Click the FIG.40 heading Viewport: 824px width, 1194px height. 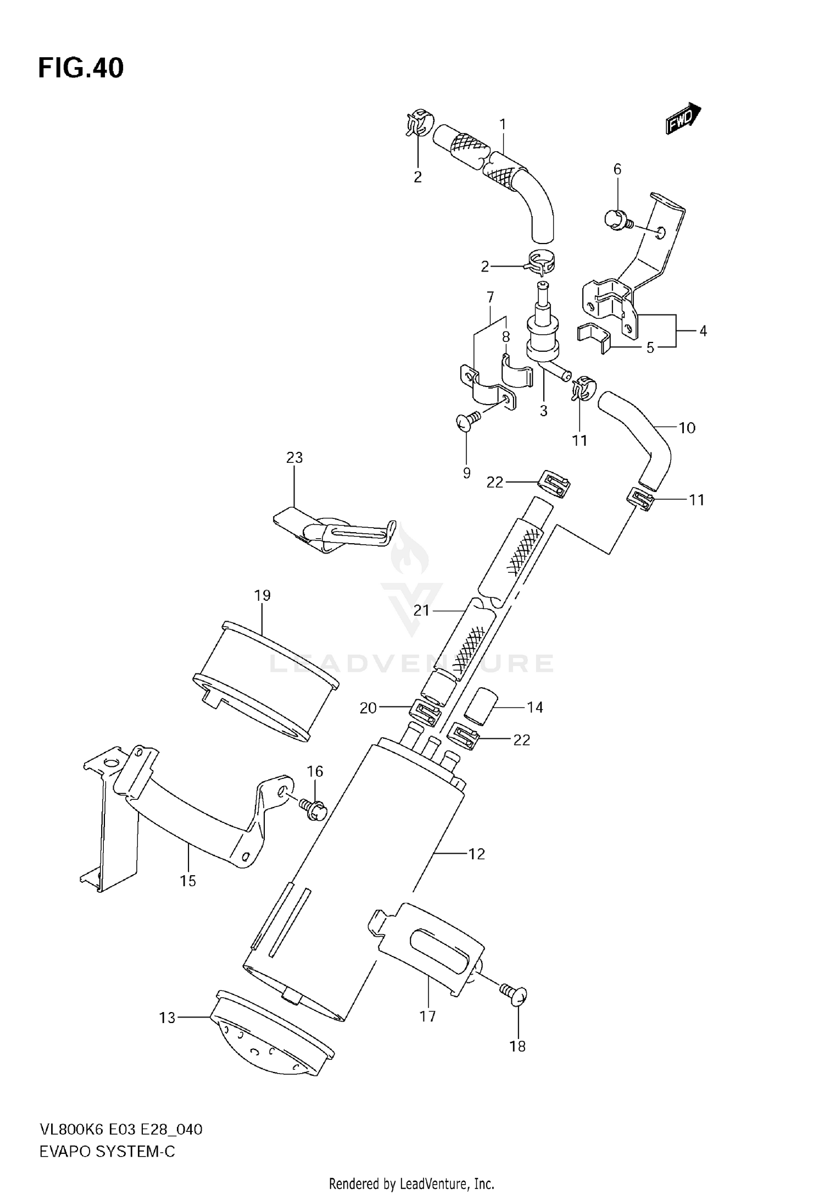pyautogui.click(x=81, y=68)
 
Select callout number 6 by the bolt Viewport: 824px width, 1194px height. pyautogui.click(x=617, y=169)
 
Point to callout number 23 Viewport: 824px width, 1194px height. pyautogui.click(x=294, y=457)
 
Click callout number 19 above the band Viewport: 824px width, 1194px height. pyautogui.click(x=263, y=595)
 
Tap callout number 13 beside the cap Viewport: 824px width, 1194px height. pyautogui.click(x=167, y=1018)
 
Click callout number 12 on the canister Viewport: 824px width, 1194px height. pyautogui.click(x=476, y=854)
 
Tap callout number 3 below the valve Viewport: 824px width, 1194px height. pyautogui.click(x=543, y=411)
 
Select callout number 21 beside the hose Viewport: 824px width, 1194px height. pyautogui.click(x=421, y=610)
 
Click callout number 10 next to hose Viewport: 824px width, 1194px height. pyautogui.click(x=687, y=428)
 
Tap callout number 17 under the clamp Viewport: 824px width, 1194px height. pyautogui.click(x=427, y=1016)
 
